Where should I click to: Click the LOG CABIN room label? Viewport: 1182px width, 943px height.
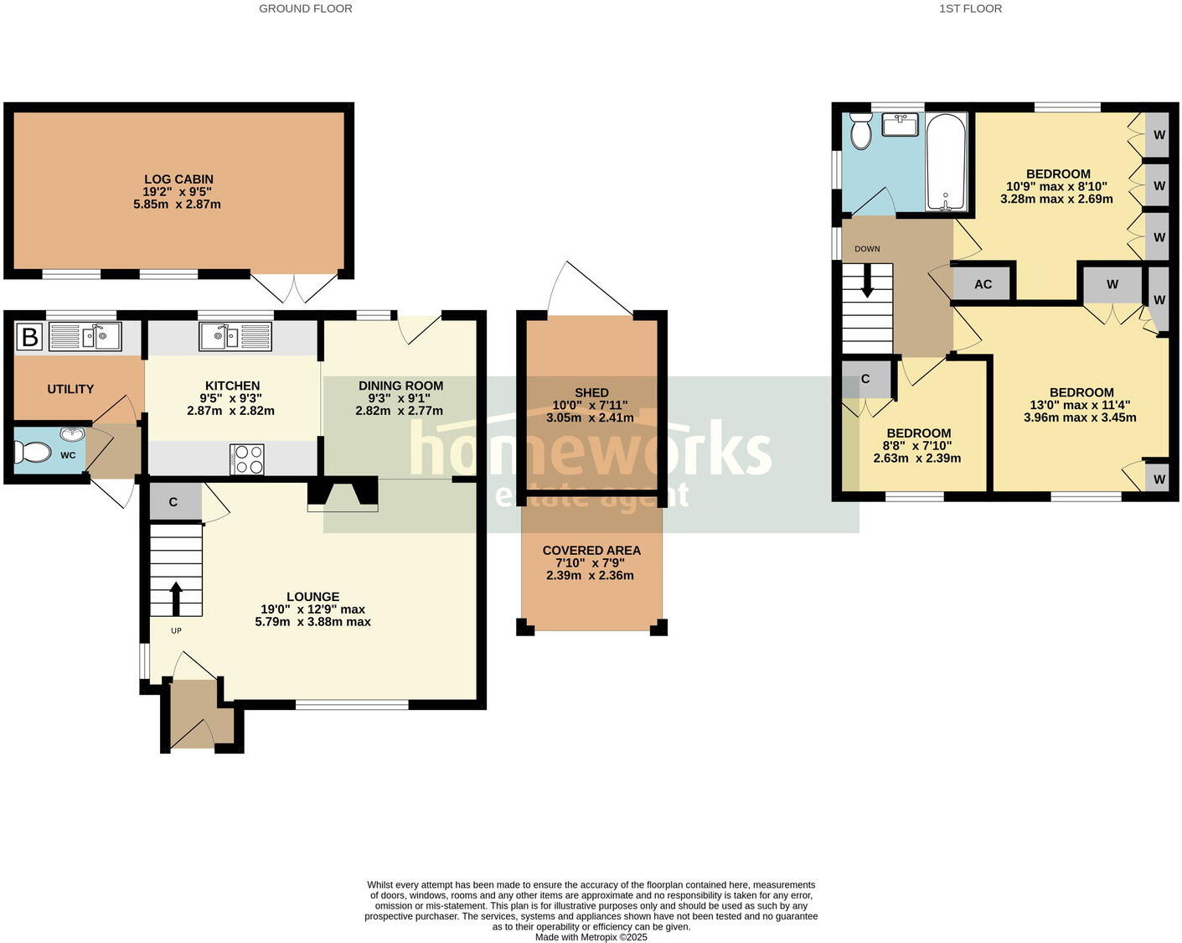178,179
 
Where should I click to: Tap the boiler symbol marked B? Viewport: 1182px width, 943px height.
30,338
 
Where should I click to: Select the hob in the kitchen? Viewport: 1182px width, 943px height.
246,459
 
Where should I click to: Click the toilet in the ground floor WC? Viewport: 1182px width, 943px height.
33,453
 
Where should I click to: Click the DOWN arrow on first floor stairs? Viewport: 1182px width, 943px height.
867,280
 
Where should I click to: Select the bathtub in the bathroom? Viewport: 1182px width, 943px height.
946,162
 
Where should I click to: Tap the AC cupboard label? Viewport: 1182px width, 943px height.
983,284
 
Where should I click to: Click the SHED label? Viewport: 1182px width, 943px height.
591,392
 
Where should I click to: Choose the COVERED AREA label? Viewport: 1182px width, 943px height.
591,551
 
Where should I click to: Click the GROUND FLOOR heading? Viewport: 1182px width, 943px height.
305,8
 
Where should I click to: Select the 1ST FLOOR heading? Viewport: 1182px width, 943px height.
970,8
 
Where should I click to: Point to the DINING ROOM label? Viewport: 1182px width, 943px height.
400,386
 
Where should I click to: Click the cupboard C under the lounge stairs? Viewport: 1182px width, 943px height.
173,502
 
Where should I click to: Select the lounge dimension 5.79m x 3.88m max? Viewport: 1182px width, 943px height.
312,622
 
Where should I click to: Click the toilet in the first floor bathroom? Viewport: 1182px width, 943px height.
860,131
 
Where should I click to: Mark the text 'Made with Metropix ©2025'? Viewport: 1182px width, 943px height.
591,937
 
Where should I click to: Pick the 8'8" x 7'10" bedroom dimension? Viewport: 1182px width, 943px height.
917,446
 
